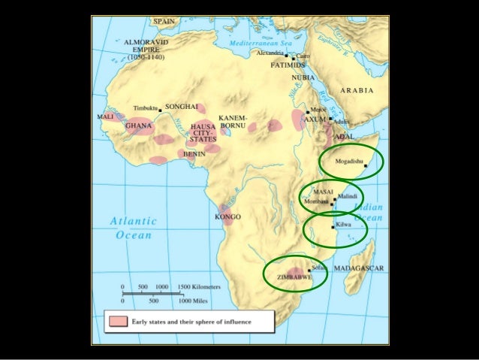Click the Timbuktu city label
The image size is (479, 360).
pos(146,109)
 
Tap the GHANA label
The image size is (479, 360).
pos(139,126)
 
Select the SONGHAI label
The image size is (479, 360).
pos(181,107)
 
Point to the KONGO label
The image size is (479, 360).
pos(227,216)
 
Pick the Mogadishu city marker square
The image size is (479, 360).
pos(366,165)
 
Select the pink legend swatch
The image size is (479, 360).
pos(116,322)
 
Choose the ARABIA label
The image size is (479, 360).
pos(357,89)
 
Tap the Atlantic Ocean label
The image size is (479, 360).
pos(133,228)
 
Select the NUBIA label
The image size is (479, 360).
pos(304,77)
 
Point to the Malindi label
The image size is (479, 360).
pos(348,196)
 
